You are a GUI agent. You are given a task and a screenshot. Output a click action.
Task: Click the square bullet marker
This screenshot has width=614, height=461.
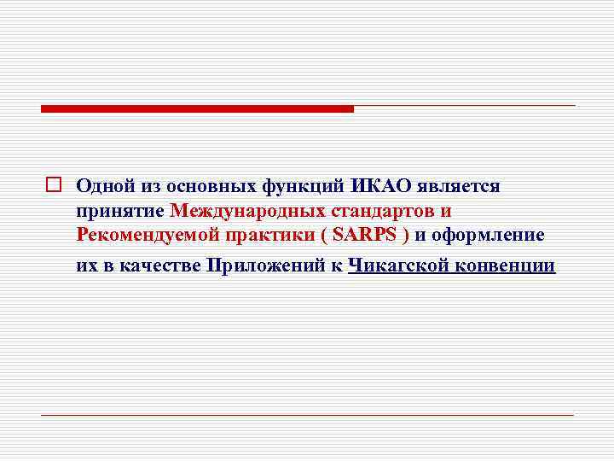point(53,184)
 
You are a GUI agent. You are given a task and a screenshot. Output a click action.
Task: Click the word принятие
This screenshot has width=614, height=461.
point(119,211)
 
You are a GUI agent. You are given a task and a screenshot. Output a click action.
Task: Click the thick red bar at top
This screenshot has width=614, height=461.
point(197,108)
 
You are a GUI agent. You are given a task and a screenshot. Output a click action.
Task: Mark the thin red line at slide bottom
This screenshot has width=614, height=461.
point(308,415)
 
